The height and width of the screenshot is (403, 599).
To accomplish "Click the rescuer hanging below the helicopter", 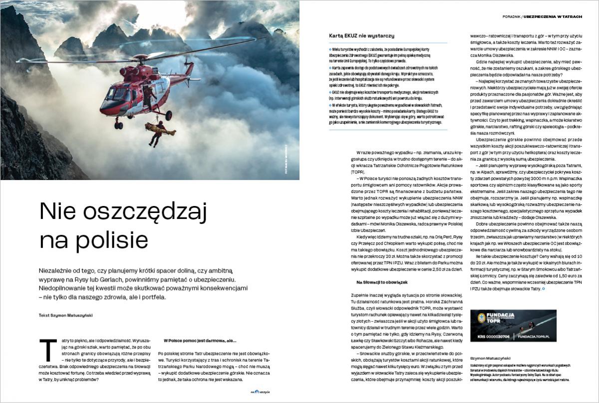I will (156, 132).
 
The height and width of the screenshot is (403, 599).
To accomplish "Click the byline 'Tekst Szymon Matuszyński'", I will (65, 315).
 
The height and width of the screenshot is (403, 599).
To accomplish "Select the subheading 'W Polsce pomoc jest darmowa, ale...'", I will (200, 340).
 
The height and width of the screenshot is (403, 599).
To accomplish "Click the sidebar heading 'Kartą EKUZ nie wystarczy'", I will (362, 36).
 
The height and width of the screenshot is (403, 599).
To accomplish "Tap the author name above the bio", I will (490, 358).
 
